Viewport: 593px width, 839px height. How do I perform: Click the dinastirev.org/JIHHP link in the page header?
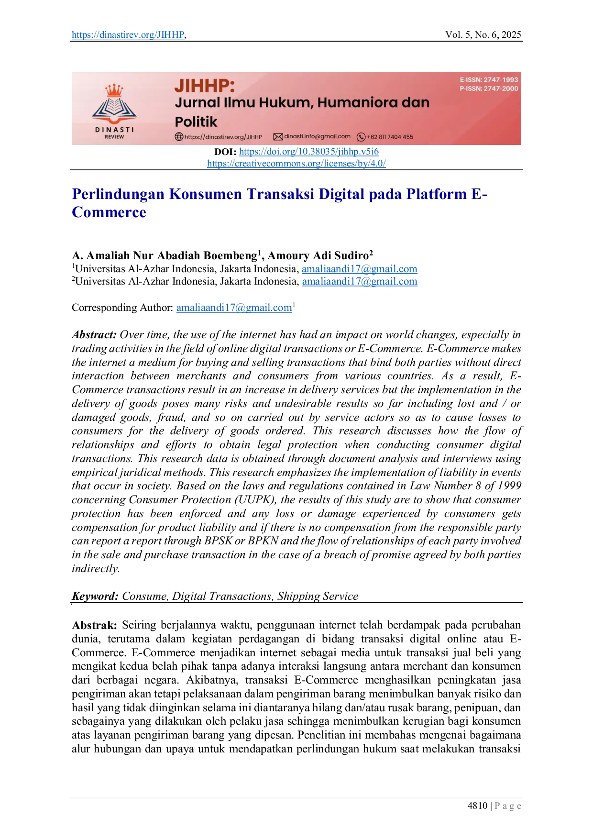click(x=128, y=34)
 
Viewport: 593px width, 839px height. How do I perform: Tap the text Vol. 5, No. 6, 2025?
click(x=483, y=34)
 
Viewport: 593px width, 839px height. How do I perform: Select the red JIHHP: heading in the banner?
click(x=205, y=86)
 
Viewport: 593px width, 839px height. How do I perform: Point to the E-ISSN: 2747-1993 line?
click(x=489, y=80)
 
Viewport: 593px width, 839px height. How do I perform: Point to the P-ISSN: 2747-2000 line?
click(x=489, y=88)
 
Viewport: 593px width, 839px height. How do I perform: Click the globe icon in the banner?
click(x=179, y=137)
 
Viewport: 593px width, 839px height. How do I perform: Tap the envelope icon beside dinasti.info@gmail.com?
click(x=278, y=137)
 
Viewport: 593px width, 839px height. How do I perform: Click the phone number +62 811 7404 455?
click(x=390, y=137)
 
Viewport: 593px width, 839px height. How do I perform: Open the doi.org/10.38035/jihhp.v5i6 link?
click(x=309, y=152)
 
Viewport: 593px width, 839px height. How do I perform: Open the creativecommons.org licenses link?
click(x=296, y=163)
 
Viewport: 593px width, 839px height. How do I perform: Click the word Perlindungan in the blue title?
click(x=118, y=194)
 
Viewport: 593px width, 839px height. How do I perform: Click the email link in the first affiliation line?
click(x=360, y=269)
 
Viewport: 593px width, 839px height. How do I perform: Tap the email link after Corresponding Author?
click(x=234, y=308)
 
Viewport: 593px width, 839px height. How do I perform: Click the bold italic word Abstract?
click(x=94, y=335)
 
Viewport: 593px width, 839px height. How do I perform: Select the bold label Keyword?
click(x=95, y=596)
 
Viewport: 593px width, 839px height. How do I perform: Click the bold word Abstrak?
click(x=94, y=625)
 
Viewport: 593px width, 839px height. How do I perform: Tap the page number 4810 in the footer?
click(x=477, y=806)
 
